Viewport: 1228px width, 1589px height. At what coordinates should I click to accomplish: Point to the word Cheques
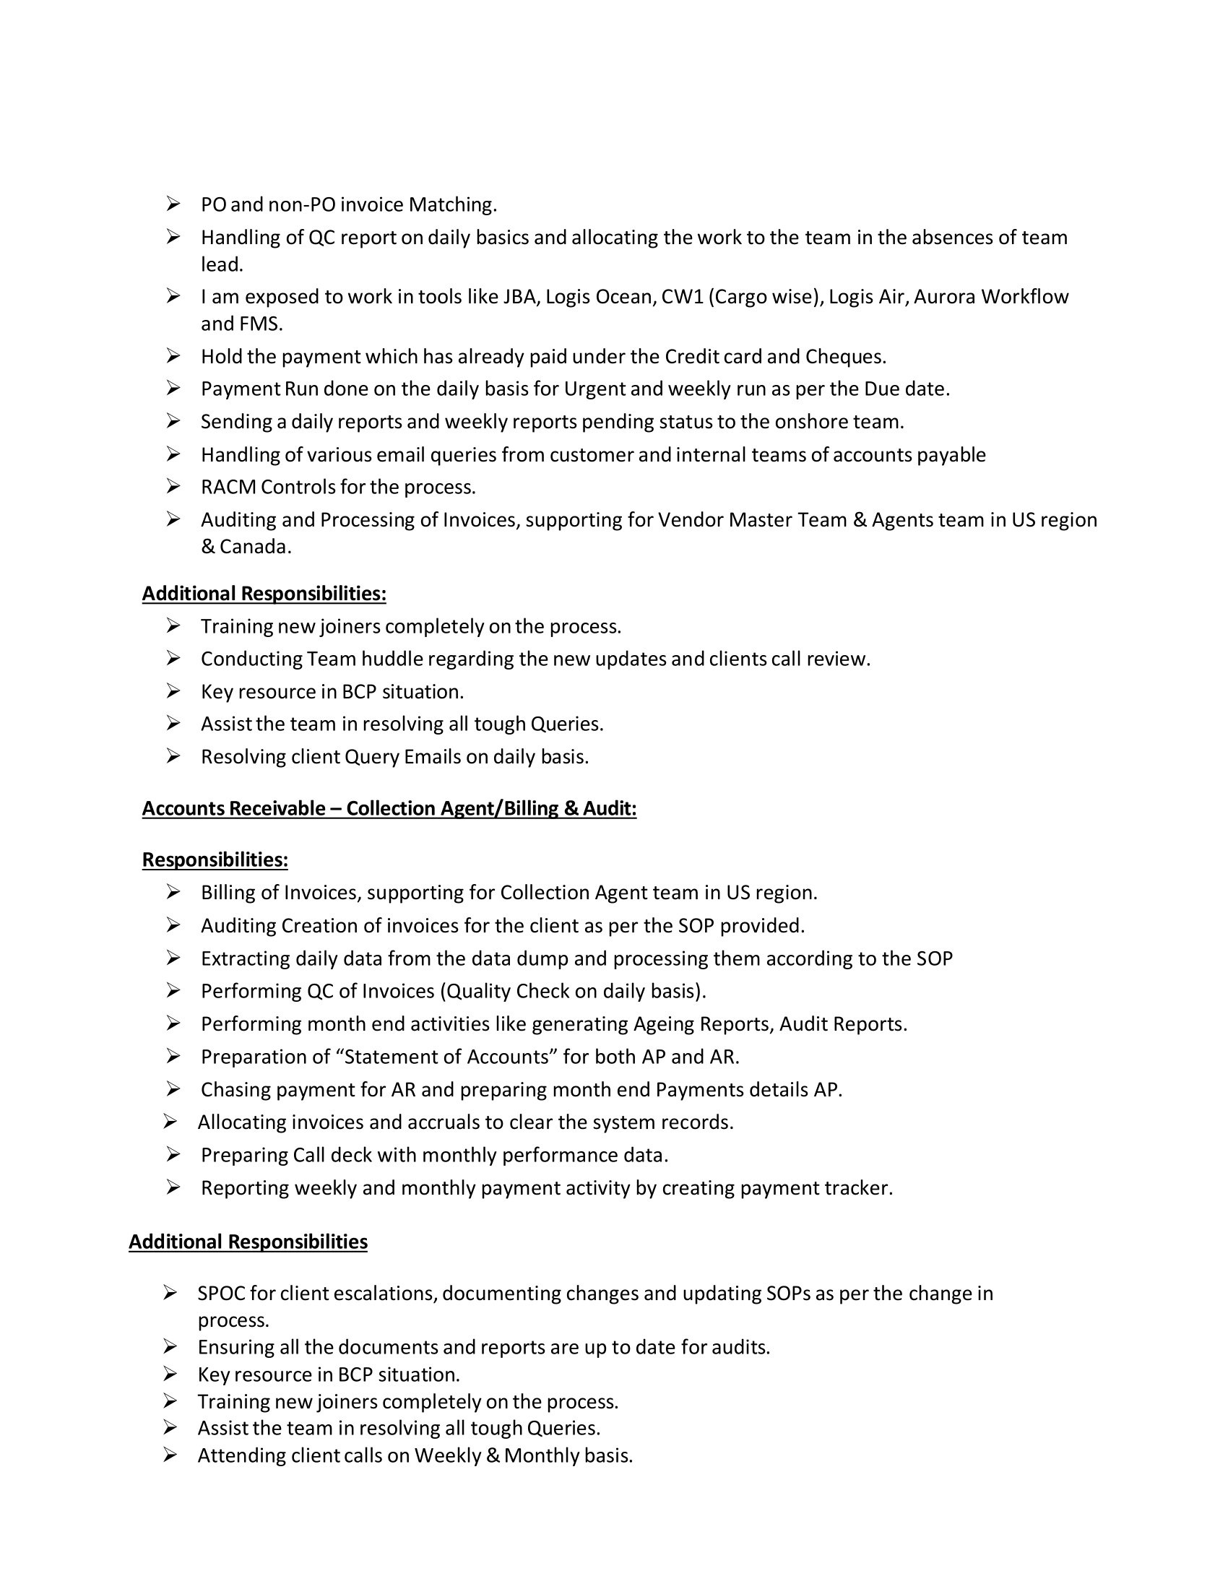point(844,357)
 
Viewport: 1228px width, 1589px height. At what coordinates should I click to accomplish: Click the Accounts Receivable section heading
point(389,808)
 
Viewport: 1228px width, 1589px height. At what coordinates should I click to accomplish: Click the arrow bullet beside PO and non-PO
point(173,204)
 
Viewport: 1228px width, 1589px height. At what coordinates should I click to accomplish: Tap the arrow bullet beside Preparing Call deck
point(173,1155)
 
